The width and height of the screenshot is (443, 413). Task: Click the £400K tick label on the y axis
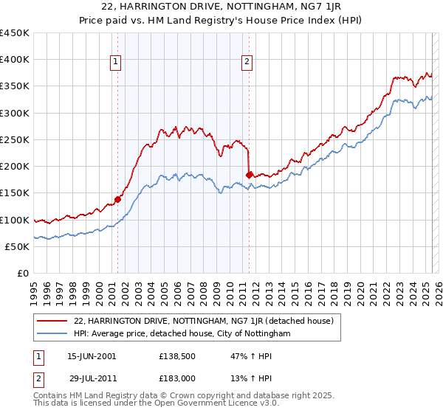point(15,60)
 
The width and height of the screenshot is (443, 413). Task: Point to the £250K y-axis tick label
point(15,139)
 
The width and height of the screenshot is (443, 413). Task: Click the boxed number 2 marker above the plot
point(246,62)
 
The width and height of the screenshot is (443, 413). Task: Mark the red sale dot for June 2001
point(117,199)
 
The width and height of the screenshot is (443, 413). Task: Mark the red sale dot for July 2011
point(250,176)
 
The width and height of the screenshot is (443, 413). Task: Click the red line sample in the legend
point(52,321)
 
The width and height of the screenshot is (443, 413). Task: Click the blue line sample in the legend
point(52,334)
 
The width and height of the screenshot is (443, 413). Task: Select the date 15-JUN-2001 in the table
point(92,356)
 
